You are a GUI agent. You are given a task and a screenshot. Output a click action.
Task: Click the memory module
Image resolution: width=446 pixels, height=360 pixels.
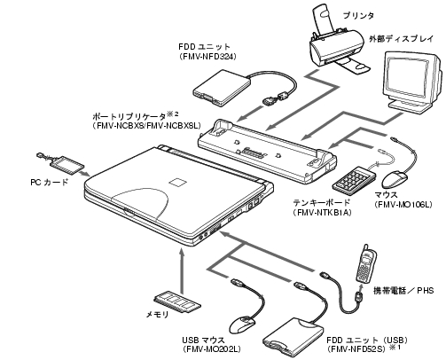coord(177,303)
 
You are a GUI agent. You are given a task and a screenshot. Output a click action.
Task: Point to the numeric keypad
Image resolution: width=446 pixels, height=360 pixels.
coord(354,178)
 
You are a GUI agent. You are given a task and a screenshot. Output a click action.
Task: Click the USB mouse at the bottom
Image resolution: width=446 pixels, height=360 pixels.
coord(242,325)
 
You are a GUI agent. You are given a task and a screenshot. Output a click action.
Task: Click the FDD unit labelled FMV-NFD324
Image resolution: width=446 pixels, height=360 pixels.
coord(222,88)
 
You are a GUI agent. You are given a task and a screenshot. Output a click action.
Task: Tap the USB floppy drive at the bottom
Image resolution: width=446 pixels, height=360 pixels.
coord(293,335)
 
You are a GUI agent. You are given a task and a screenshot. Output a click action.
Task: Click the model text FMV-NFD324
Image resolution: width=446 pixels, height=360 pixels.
coord(207,56)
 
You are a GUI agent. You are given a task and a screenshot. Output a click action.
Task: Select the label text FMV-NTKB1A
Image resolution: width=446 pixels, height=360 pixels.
coord(322,212)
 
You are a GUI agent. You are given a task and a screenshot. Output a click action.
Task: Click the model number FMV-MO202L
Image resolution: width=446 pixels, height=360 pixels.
coord(211,349)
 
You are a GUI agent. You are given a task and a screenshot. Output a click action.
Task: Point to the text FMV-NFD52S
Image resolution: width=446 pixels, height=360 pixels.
coord(356,348)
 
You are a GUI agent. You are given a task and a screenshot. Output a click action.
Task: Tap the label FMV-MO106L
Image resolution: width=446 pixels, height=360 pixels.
coord(403,204)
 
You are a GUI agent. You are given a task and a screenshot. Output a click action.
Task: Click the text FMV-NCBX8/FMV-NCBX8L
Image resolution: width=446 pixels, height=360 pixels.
coord(146,126)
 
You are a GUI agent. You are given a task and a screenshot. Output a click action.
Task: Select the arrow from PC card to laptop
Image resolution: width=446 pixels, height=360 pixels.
coord(85,173)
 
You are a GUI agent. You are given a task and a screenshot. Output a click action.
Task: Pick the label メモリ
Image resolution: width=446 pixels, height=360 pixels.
coord(157,315)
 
